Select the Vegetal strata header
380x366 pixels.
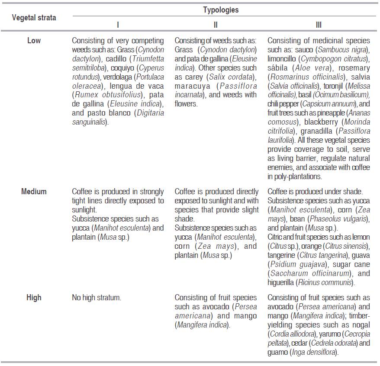(33, 18)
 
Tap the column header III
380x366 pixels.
(319, 25)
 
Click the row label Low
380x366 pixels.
(34, 40)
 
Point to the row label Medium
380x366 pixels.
(34, 191)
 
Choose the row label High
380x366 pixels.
(34, 297)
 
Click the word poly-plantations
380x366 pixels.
(294, 176)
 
